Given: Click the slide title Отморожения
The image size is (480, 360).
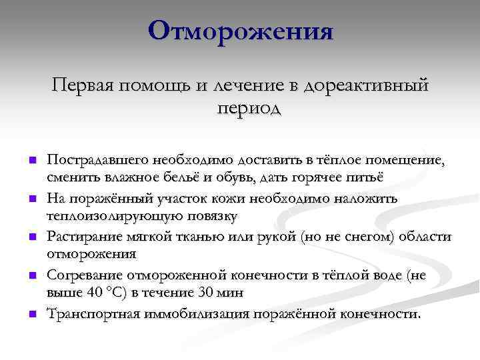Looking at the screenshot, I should pyautogui.click(x=240, y=31).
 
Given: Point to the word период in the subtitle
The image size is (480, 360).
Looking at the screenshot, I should pyautogui.click(x=248, y=108).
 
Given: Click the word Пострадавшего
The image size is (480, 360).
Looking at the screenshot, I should pyautogui.click(x=97, y=160).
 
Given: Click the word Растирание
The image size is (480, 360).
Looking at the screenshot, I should pyautogui.click(x=80, y=237).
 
